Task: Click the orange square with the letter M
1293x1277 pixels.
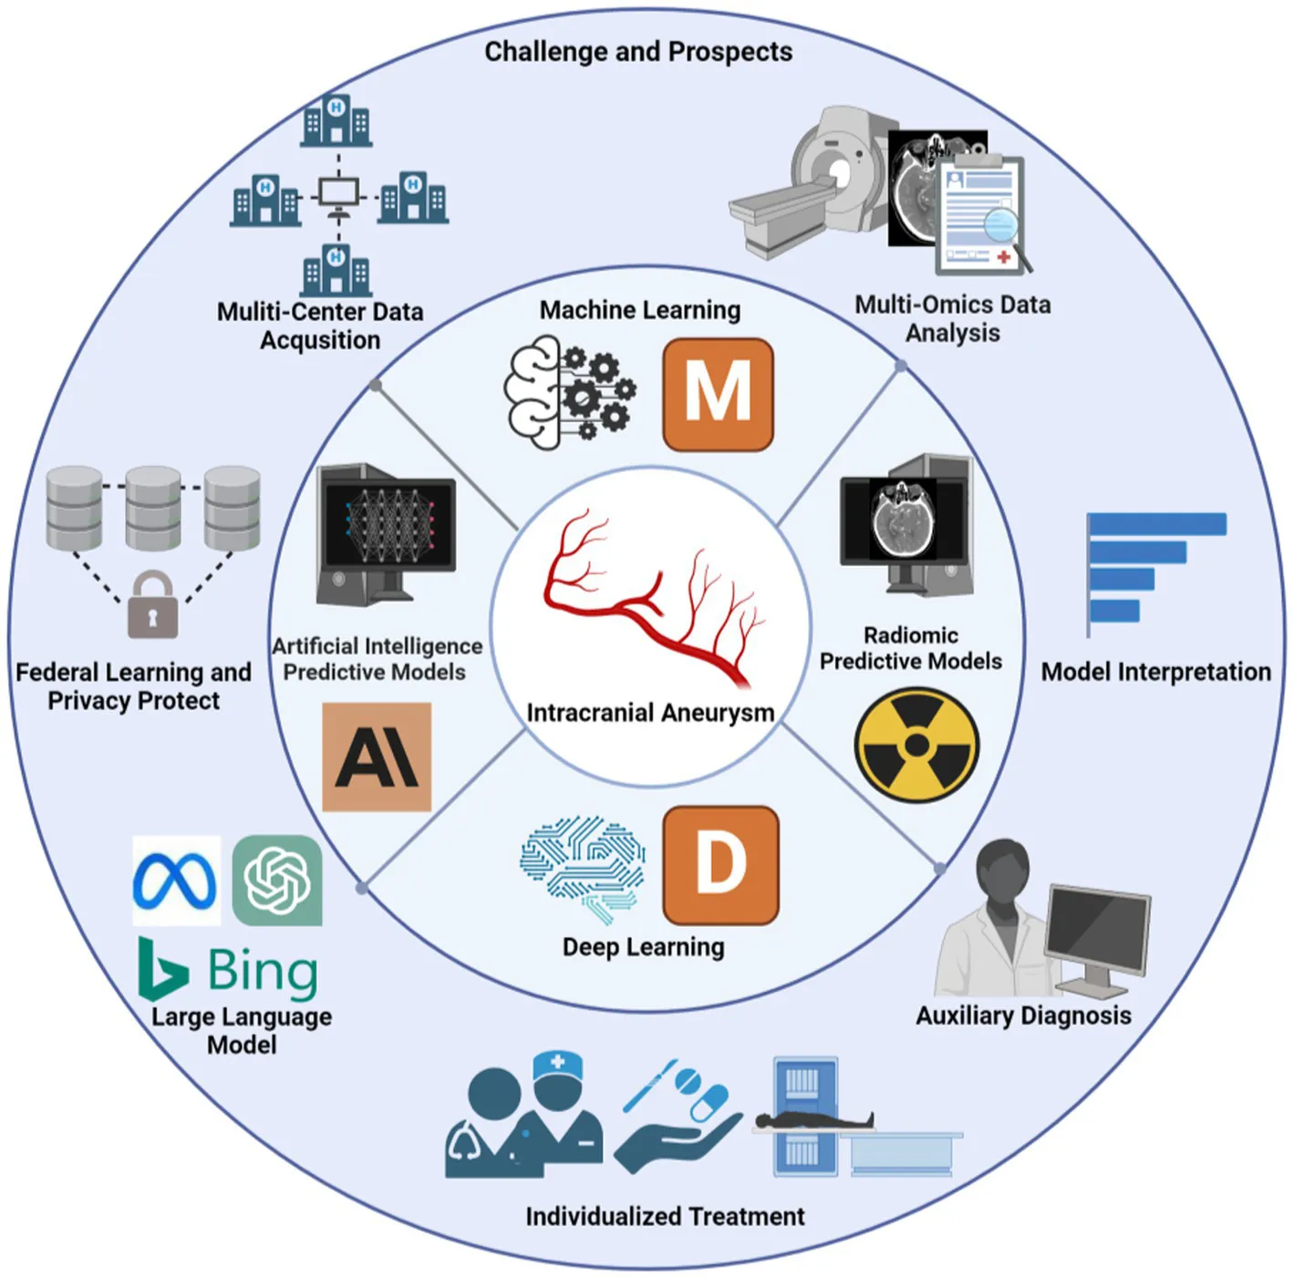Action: tap(718, 394)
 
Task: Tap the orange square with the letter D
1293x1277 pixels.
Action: tap(720, 864)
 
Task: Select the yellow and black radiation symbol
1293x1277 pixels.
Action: tap(916, 745)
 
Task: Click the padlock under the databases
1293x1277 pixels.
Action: tap(152, 604)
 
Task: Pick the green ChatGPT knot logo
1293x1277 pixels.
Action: tap(277, 881)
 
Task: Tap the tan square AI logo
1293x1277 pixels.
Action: tap(377, 757)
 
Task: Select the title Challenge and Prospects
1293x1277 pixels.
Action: tap(638, 52)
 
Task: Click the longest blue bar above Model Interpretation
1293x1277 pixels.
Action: tap(1157, 524)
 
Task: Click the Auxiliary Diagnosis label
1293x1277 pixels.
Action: tap(1023, 1015)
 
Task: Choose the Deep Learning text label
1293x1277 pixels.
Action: tap(643, 947)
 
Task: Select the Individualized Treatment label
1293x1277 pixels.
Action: tap(665, 1216)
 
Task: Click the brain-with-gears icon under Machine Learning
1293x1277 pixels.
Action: tap(569, 392)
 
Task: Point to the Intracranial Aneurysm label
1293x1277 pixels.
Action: tap(650, 713)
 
